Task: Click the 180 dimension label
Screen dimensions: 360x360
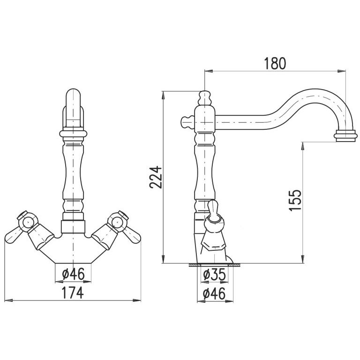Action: coord(275,63)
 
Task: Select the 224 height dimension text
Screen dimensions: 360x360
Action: coord(156,178)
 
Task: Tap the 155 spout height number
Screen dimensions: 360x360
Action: coord(295,200)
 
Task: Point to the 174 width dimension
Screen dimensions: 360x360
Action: coord(73,292)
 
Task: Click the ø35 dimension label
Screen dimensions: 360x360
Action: coord(214,274)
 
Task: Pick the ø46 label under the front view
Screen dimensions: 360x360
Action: coord(73,274)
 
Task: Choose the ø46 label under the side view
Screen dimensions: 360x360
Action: coord(214,293)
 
